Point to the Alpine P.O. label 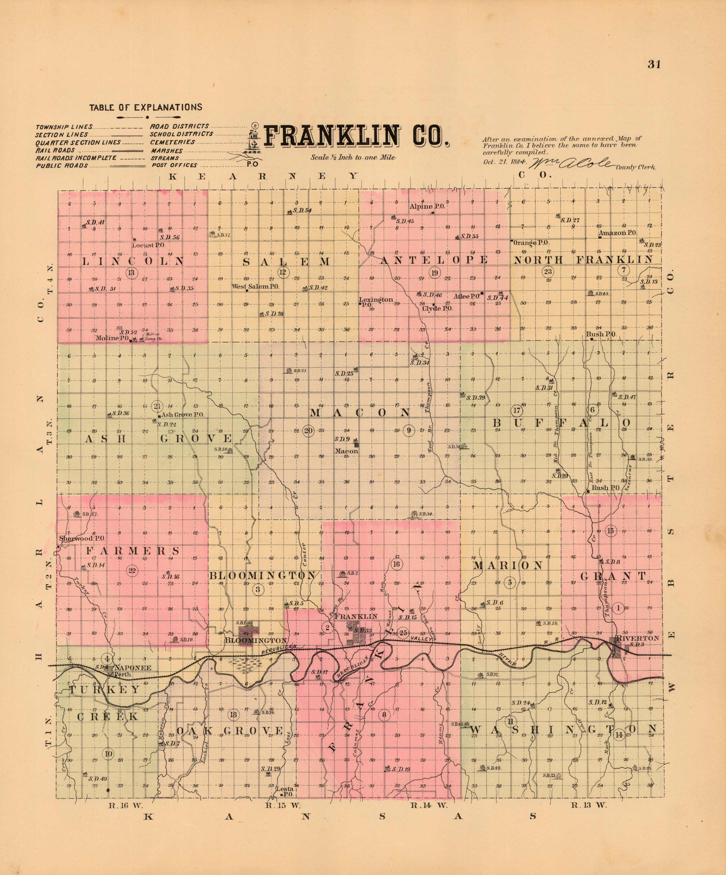pyautogui.click(x=427, y=206)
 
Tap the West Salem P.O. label pyautogui.click(x=255, y=287)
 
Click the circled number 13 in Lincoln pyautogui.click(x=132, y=273)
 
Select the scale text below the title pyautogui.click(x=353, y=157)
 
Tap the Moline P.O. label pyautogui.click(x=112, y=338)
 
